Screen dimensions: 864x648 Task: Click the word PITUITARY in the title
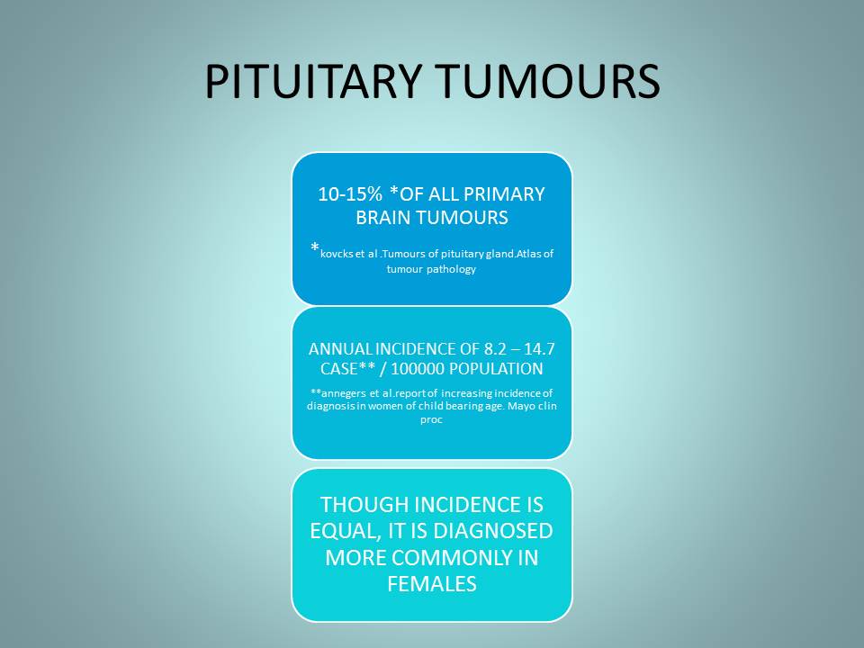pos(313,82)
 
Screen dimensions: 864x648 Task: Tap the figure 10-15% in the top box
pos(350,194)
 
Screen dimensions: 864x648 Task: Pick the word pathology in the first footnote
pos(454,269)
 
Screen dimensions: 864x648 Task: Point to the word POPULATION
pos(495,369)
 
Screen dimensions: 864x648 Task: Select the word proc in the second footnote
pos(431,420)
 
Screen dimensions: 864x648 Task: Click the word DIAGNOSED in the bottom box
pos(493,531)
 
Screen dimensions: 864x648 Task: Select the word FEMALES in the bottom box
pos(432,584)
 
